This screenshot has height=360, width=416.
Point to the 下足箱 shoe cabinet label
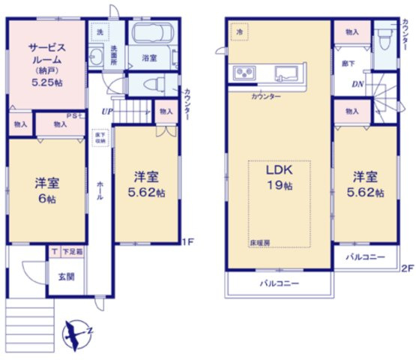tap(72, 252)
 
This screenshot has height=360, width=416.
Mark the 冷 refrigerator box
tap(240, 32)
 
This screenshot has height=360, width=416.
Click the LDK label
tap(279, 170)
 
